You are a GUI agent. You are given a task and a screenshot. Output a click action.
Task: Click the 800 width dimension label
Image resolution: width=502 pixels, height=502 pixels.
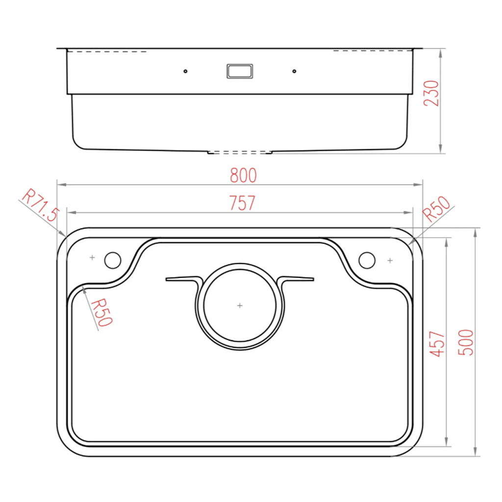pyautogui.click(x=243, y=175)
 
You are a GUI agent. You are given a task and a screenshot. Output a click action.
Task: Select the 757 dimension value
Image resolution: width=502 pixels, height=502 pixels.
pyautogui.click(x=242, y=203)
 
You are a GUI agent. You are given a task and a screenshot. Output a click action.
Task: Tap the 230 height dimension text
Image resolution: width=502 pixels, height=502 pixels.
pyautogui.click(x=431, y=93)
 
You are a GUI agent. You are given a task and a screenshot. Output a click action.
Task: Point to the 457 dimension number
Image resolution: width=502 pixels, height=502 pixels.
pyautogui.click(x=437, y=344)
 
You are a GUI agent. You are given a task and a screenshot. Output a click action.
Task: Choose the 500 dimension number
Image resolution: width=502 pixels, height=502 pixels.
pyautogui.click(x=466, y=342)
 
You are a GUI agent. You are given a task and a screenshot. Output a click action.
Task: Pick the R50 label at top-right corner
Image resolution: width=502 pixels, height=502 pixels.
pyautogui.click(x=436, y=208)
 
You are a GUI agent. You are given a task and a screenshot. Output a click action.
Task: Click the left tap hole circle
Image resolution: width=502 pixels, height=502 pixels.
pyautogui.click(x=113, y=260)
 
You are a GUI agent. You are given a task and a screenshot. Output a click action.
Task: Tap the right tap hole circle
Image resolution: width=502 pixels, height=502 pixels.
pyautogui.click(x=367, y=260)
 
